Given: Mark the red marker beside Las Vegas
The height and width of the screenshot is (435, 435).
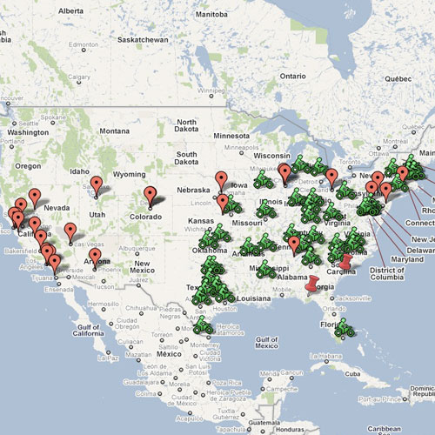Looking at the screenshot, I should coord(70,231).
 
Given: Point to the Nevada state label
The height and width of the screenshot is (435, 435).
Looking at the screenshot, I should coord(56,209).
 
